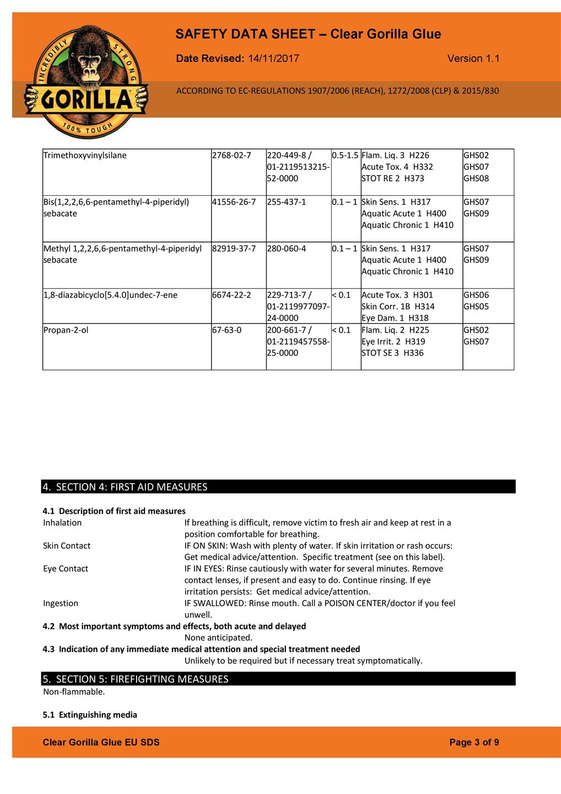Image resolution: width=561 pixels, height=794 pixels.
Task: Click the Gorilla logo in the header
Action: (x=85, y=82)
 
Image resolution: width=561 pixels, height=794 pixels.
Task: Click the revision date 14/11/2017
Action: (x=274, y=58)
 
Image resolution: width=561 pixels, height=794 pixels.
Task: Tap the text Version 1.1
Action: (x=473, y=58)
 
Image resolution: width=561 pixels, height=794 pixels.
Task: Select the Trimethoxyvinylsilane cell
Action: (x=85, y=155)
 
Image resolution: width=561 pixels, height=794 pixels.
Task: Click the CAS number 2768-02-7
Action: (x=231, y=155)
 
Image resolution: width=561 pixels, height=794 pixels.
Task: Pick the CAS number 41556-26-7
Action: (x=234, y=202)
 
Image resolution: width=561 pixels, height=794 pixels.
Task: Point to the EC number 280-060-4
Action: (x=287, y=249)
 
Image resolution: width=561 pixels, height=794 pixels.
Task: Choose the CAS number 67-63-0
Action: (x=226, y=330)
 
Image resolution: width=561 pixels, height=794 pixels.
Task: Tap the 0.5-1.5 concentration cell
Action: (x=346, y=155)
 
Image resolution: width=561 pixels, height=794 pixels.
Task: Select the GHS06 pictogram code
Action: (x=476, y=295)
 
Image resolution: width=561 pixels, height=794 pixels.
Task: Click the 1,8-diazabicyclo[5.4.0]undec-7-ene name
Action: (x=110, y=295)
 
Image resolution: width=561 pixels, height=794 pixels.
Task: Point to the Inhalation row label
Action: (x=62, y=523)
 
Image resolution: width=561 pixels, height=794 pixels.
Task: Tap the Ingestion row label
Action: (x=61, y=603)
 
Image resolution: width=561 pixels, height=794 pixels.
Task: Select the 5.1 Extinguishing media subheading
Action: (x=90, y=715)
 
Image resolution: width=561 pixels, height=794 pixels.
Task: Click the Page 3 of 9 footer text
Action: (x=474, y=743)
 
